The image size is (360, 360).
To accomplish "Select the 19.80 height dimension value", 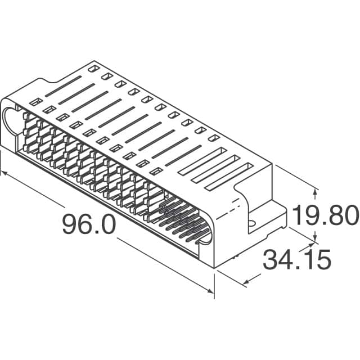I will click(325, 215).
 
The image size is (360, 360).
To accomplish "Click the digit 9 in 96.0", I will click(70, 226).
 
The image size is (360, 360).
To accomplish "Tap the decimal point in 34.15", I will click(296, 269).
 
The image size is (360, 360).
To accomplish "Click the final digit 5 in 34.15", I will click(321, 260).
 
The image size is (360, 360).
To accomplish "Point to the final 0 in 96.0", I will click(107, 226).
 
